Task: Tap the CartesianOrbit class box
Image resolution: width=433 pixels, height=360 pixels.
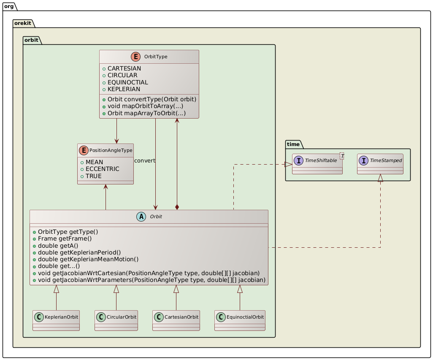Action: [x=176, y=320]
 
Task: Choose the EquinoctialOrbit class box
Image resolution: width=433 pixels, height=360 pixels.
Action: [x=240, y=320]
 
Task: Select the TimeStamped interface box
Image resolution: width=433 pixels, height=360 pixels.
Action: [x=380, y=164]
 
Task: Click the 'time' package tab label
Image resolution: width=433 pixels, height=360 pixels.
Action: [x=294, y=144]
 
